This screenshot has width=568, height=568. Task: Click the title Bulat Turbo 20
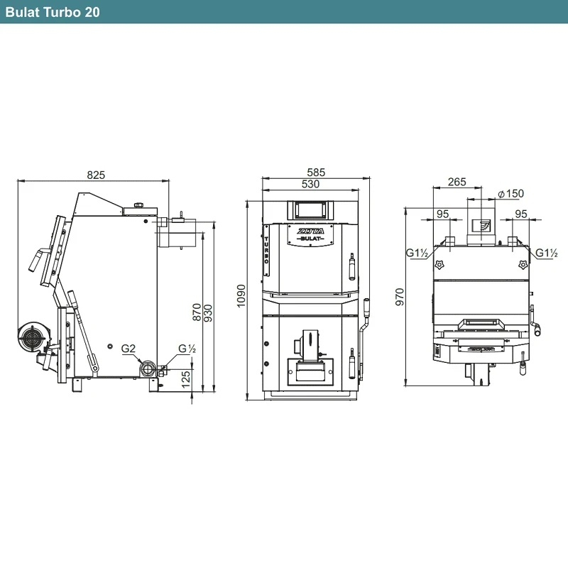[x=53, y=12]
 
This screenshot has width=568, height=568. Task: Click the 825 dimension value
[x=96, y=175]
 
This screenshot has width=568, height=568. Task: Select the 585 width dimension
[x=316, y=172]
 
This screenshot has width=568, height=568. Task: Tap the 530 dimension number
[x=310, y=184]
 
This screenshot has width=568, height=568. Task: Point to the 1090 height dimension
[x=241, y=295]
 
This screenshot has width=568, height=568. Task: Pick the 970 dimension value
[x=400, y=297]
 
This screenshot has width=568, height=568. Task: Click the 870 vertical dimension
[x=197, y=312]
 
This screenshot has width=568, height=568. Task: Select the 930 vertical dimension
[x=208, y=313]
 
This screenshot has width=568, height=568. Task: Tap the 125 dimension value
[x=185, y=379]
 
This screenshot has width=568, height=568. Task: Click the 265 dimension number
[x=457, y=182]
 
